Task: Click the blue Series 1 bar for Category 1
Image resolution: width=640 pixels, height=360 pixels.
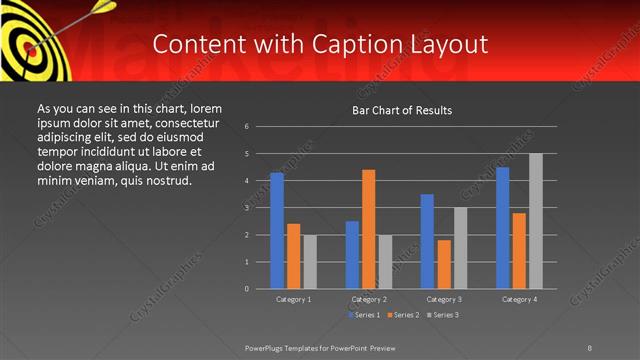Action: coord(276,231)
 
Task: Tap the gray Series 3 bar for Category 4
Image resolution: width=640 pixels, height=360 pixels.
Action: coord(536,221)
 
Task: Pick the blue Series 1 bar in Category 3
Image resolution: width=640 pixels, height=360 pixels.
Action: coord(427,241)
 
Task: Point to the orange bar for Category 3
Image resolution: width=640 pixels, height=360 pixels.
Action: coord(443,264)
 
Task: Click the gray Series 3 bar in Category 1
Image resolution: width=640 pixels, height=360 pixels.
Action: coord(310,262)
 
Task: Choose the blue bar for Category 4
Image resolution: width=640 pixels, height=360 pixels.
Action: coord(502,228)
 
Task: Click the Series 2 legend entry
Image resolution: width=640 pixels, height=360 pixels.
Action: coord(402,315)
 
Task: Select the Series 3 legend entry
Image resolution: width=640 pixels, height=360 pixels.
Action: coord(443,315)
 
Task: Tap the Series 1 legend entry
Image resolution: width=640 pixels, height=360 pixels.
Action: coord(361,315)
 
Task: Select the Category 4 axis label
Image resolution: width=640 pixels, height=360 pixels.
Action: coord(519,299)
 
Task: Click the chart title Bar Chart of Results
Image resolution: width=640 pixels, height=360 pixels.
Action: coord(402,109)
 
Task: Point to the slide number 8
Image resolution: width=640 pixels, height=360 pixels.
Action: coord(590,347)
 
